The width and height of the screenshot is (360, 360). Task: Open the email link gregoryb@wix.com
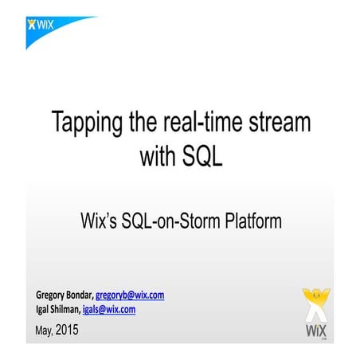pyautogui.click(x=130, y=295)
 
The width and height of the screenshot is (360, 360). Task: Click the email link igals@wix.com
pyautogui.click(x=106, y=309)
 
